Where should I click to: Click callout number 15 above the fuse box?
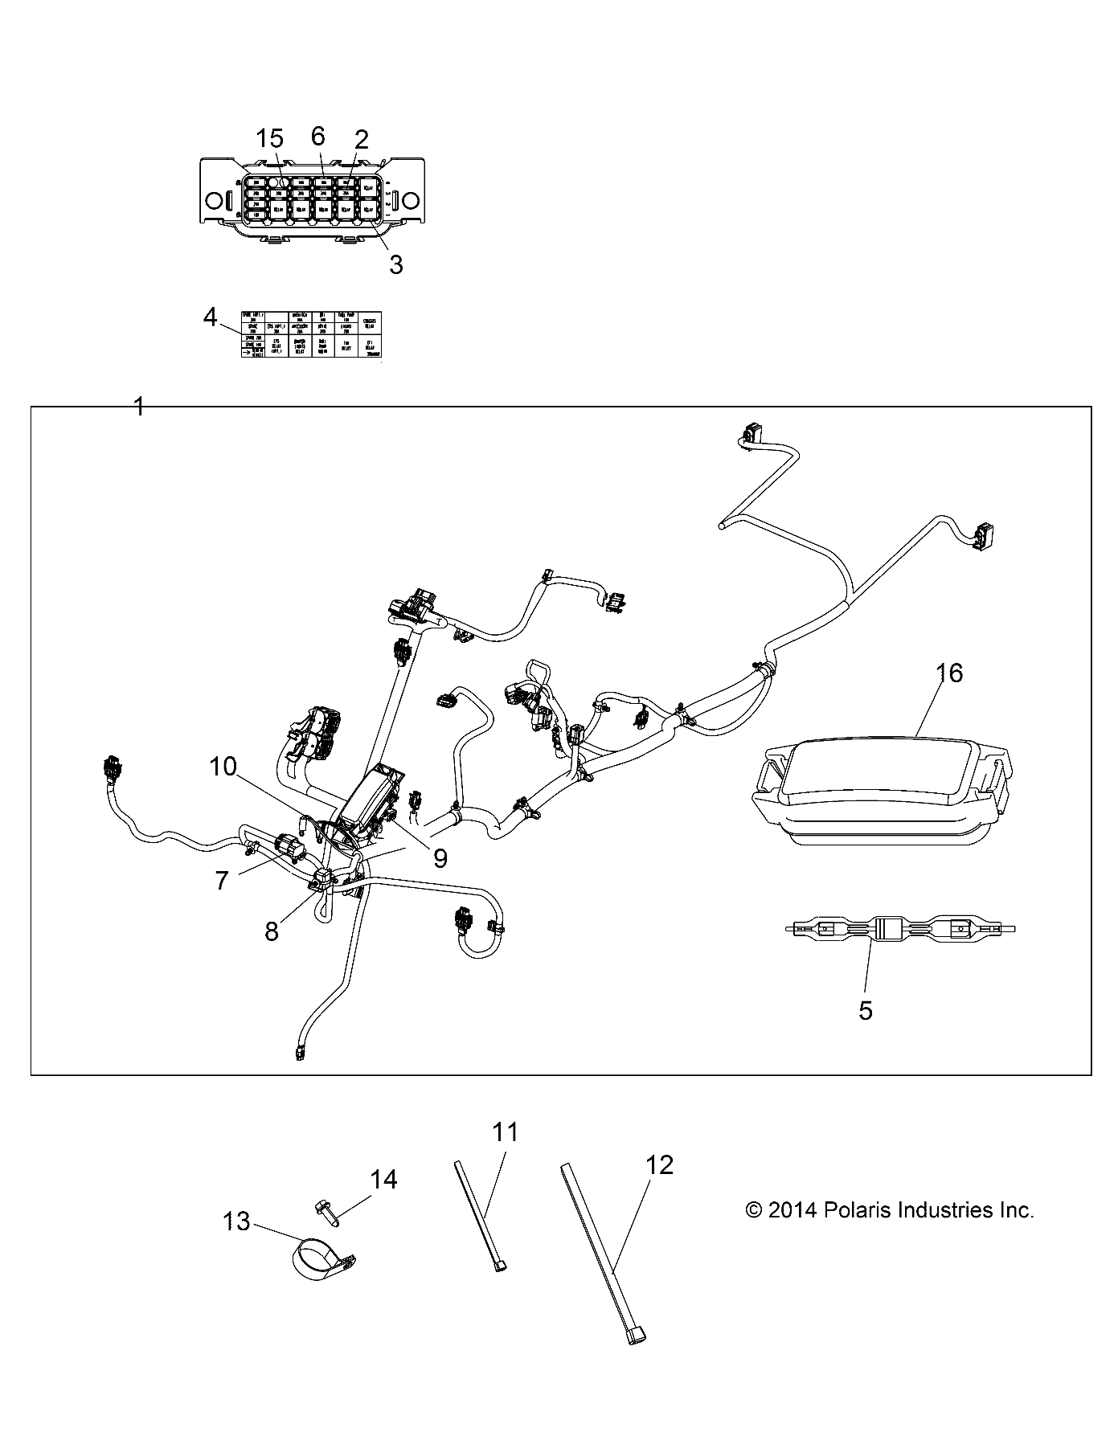[269, 139]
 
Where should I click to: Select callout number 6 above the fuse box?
[318, 137]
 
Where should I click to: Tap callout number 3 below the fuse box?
[395, 264]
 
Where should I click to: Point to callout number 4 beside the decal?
[211, 318]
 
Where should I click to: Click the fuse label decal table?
[312, 333]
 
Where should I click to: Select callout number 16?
[949, 673]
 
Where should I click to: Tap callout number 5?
[866, 1011]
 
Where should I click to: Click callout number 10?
[223, 767]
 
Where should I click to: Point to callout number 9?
[440, 858]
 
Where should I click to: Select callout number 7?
[222, 881]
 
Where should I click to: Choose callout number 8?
[272, 931]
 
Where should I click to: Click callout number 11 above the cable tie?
[505, 1132]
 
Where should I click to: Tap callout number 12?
[659, 1164]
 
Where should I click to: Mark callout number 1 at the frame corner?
[138, 407]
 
